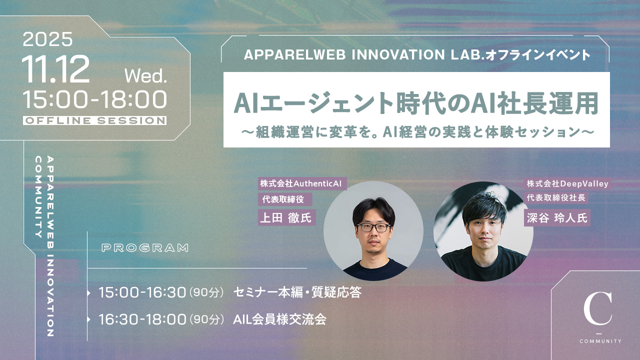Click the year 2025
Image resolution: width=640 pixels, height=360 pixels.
(x=47, y=39)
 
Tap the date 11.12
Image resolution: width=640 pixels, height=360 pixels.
(x=55, y=69)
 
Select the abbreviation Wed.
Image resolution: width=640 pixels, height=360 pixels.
(x=145, y=76)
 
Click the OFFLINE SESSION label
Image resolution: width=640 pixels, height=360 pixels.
(x=94, y=120)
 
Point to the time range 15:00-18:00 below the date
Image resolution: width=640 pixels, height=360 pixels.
(x=94, y=99)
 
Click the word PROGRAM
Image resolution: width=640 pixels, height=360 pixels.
(x=145, y=247)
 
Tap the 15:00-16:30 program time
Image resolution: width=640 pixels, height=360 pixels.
(x=142, y=292)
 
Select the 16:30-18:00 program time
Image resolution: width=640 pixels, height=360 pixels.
(x=142, y=319)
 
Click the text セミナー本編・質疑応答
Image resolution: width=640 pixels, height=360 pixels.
(x=297, y=292)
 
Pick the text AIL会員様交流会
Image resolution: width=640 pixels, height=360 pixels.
(x=279, y=319)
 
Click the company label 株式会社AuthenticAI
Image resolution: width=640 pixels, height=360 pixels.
(x=302, y=183)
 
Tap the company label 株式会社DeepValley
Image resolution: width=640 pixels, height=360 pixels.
(x=567, y=183)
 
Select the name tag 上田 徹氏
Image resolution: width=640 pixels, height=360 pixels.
(x=286, y=218)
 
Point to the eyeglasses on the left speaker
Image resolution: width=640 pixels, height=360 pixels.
(x=373, y=227)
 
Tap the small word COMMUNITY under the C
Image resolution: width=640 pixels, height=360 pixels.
(x=600, y=341)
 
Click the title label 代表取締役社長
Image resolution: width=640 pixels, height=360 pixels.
(x=556, y=197)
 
